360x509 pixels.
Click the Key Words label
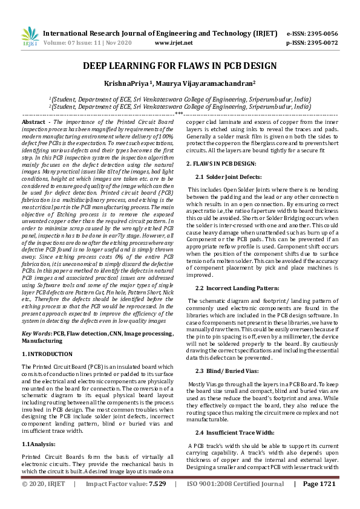[x=36, y=334]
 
